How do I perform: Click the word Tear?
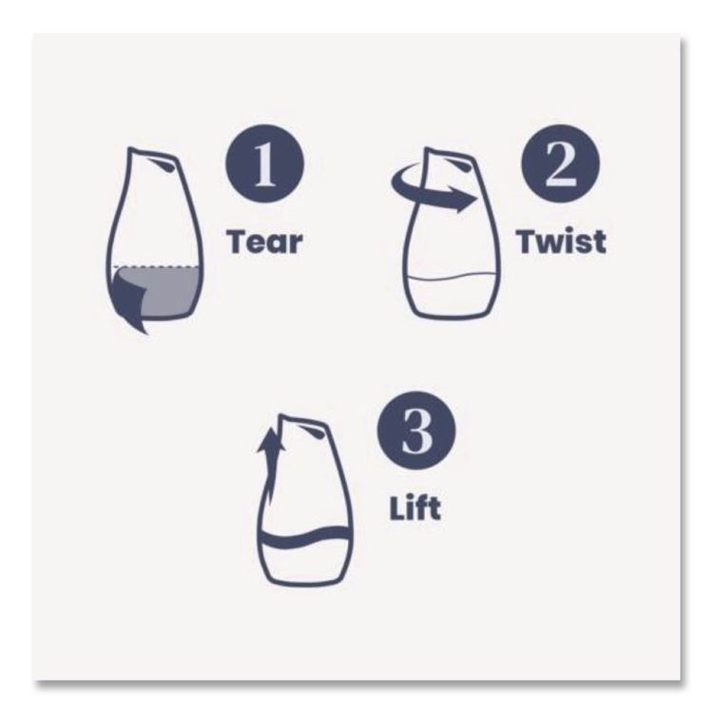[264, 241]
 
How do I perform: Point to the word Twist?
[560, 241]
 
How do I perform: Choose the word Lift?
[414, 506]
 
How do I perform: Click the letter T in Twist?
[526, 241]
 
